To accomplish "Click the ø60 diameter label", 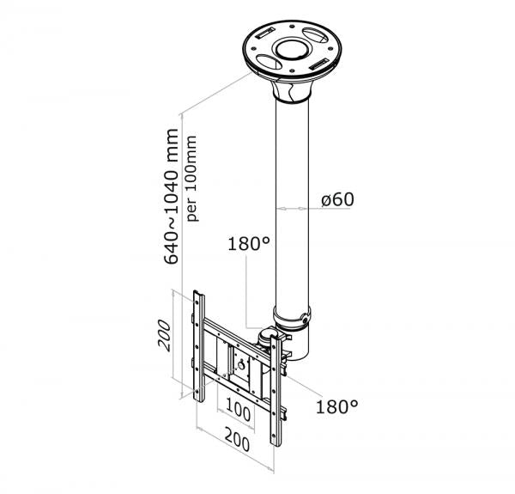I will point(336,199).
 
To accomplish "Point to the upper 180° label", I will point(249,243).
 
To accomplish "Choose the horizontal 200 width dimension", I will point(237,444).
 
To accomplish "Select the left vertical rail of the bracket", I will point(201,344).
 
